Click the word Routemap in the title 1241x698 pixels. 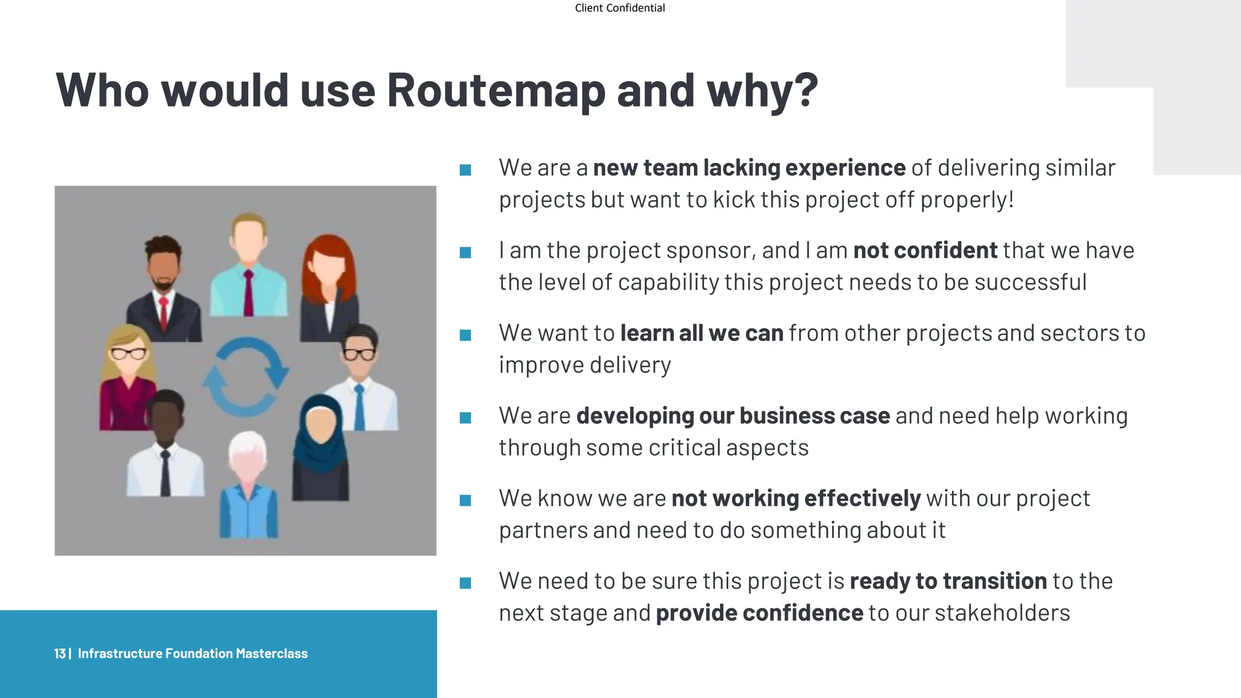click(x=496, y=91)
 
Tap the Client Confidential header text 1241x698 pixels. click(x=619, y=8)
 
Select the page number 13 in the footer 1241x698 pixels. click(x=59, y=653)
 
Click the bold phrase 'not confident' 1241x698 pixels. click(x=925, y=250)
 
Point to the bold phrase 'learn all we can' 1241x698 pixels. click(x=701, y=333)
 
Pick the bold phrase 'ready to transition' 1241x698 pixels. click(x=948, y=581)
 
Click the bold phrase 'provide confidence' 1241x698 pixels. click(x=759, y=613)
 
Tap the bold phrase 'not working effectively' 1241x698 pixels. click(x=796, y=499)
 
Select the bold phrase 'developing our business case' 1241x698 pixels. click(x=733, y=416)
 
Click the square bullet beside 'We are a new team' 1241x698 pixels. click(x=465, y=170)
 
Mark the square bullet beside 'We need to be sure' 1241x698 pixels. click(x=465, y=583)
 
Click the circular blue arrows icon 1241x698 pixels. click(x=245, y=376)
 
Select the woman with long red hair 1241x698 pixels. click(x=329, y=285)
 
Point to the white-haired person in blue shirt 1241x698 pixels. click(x=248, y=485)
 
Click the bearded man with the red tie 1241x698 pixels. click(x=163, y=288)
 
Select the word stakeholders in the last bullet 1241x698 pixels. click(x=1002, y=613)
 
